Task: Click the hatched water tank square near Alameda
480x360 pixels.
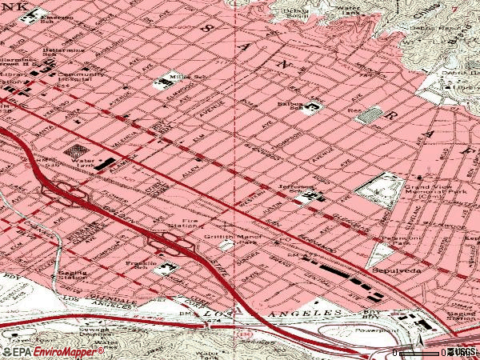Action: (x=78, y=150)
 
